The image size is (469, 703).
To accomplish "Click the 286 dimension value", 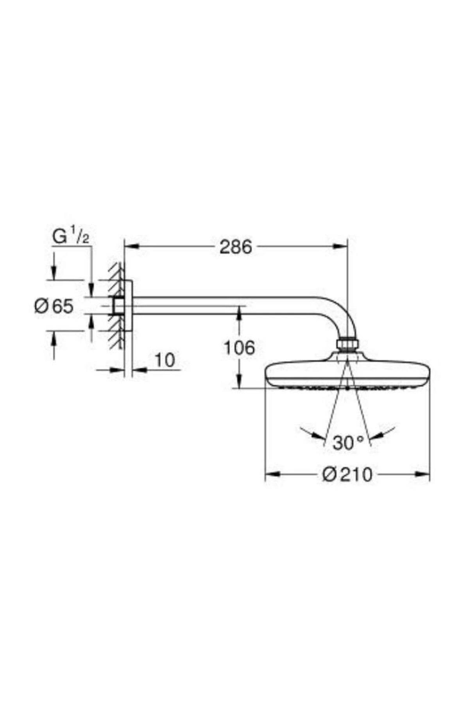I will pyautogui.click(x=235, y=247).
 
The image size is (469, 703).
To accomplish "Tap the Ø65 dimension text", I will pyautogui.click(x=54, y=306).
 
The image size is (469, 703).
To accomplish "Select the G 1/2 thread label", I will pyautogui.click(x=71, y=237).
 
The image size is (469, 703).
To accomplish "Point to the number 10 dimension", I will pyautogui.click(x=165, y=360).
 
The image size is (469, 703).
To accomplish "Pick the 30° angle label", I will pyautogui.click(x=347, y=442).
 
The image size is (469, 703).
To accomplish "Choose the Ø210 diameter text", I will pyautogui.click(x=347, y=475).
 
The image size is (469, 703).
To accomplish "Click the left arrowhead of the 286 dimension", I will pyautogui.click(x=131, y=246).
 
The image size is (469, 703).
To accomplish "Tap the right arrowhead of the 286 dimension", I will pyautogui.click(x=340, y=246).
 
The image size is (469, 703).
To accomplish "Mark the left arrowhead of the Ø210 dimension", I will pyautogui.click(x=272, y=474).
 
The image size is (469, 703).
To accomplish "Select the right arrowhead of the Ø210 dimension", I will pyautogui.click(x=423, y=474).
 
